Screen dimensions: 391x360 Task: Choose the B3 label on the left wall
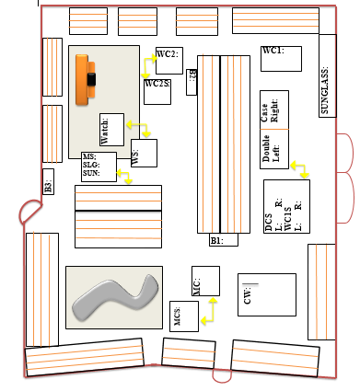[x=48, y=181]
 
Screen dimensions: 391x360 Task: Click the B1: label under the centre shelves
[x=224, y=240]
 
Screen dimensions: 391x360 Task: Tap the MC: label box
[x=205, y=281]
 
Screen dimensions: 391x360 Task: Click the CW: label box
[x=266, y=295]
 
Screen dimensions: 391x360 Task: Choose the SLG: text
[x=90, y=165]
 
